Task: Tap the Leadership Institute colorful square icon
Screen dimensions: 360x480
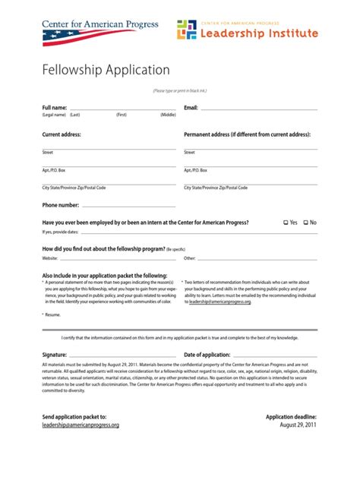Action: point(186,30)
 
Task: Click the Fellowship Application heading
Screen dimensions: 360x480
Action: point(106,71)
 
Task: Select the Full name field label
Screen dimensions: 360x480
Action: point(55,108)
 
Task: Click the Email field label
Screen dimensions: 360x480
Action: point(191,108)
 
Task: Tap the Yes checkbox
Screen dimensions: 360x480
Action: point(286,223)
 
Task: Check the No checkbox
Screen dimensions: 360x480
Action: point(306,223)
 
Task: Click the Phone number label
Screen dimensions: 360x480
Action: point(60,205)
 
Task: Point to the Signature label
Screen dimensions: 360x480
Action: point(55,355)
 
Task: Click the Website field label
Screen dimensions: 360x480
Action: point(50,259)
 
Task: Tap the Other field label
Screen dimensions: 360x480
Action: point(190,259)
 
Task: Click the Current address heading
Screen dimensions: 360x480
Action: point(62,134)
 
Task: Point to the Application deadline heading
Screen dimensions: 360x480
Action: point(291,417)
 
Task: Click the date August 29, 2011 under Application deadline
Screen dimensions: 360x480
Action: point(298,425)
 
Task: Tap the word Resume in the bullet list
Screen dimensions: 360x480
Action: point(53,314)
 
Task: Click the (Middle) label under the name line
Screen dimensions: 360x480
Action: point(168,115)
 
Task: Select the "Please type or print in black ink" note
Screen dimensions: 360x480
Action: point(180,90)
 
